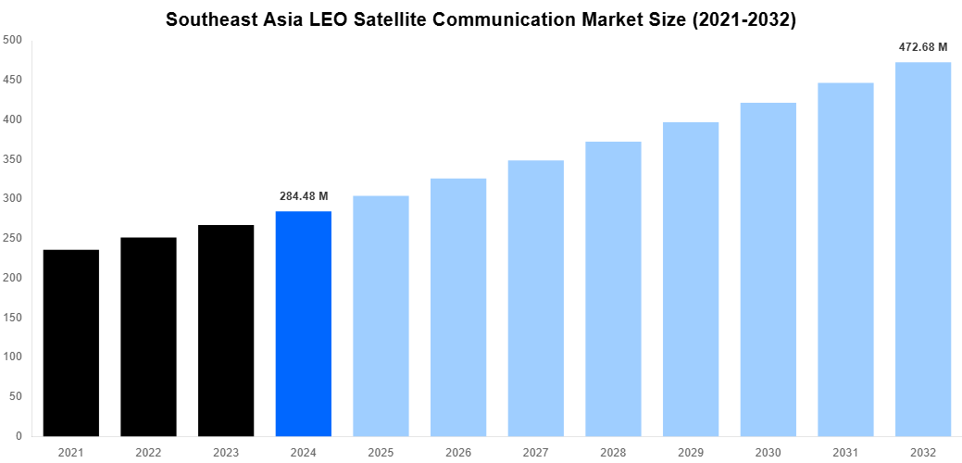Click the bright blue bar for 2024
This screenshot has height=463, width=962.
point(304,323)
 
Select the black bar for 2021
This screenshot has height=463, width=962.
point(71,343)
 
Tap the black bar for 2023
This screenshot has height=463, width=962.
point(226,330)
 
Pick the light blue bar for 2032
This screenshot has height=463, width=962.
point(923,249)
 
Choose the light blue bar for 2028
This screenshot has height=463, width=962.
point(613,288)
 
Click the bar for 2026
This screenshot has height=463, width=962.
point(458,307)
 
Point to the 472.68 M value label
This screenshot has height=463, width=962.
point(923,46)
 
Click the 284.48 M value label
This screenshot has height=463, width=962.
point(304,196)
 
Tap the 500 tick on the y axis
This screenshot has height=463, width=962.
point(13,40)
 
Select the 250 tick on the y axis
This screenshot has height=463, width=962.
point(13,238)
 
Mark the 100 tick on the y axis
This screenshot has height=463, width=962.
point(13,357)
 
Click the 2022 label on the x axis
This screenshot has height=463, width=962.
point(148,451)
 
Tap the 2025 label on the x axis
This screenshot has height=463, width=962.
point(381,451)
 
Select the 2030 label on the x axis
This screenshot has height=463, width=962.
point(768,451)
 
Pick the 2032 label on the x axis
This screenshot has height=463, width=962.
point(923,451)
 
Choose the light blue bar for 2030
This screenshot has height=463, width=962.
point(768,269)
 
